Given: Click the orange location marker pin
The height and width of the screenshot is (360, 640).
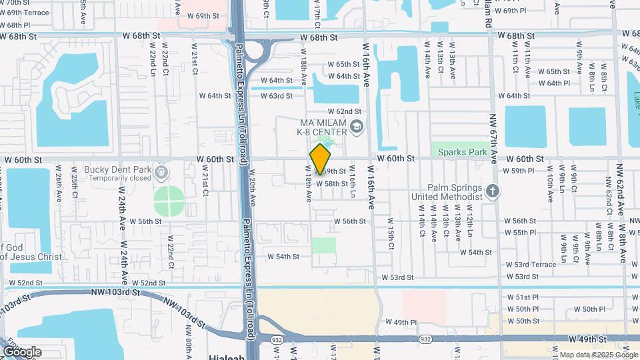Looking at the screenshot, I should click(x=321, y=159).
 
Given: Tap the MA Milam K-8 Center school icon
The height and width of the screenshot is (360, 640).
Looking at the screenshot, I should click(x=357, y=126).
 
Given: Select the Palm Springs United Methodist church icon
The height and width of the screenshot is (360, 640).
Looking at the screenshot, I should click(x=492, y=192).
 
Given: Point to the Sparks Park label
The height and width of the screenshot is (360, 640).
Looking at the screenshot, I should click(x=463, y=152).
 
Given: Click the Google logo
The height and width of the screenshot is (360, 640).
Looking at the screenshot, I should click(x=21, y=351).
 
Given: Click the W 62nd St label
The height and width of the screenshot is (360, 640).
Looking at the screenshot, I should click(x=344, y=111).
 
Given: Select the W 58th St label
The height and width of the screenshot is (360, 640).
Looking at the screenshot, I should click(x=332, y=183).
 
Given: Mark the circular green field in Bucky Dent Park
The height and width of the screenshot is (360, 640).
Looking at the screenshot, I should click(x=169, y=201).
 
